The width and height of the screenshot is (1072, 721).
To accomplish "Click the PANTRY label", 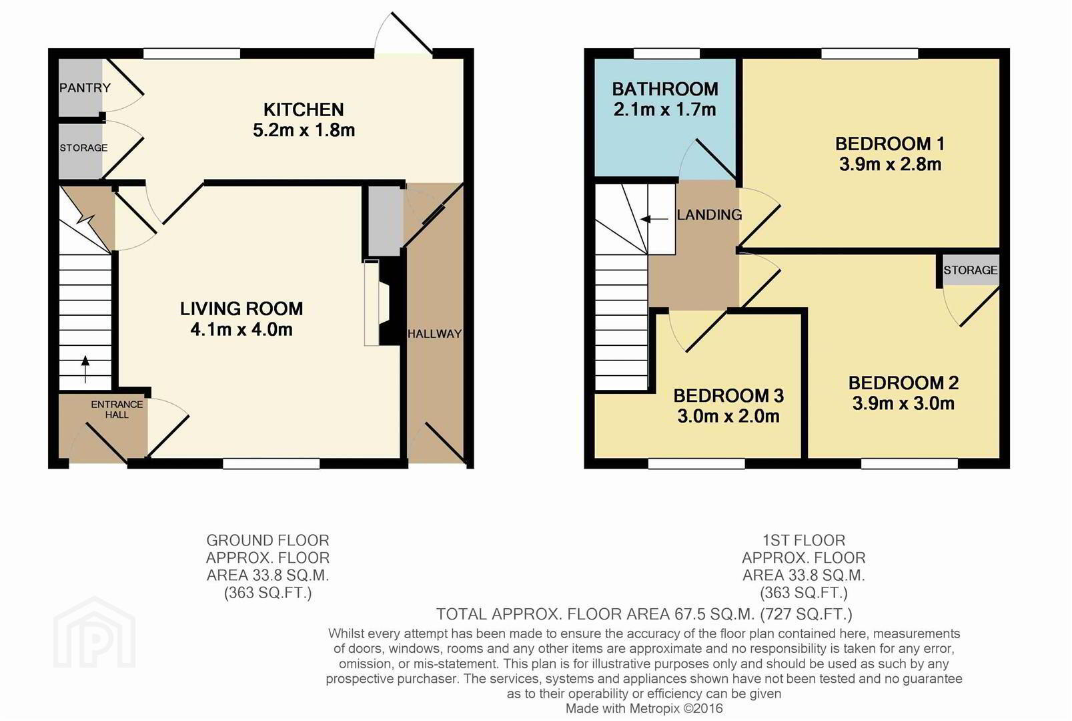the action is [85, 87].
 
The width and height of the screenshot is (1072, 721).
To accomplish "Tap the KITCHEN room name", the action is [304, 109].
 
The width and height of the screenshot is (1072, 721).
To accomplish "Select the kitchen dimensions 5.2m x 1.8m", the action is [304, 130].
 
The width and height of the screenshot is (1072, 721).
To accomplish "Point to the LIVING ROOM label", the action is [241, 308].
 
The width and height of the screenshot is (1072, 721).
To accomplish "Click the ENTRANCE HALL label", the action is [117, 410].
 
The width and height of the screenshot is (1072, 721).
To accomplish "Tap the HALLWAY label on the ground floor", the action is [434, 333].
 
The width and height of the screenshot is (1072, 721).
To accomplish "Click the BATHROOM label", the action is [664, 89].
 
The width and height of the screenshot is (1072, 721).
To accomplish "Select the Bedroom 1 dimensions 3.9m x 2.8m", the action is [890, 164].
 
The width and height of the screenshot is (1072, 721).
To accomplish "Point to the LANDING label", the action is [709, 214].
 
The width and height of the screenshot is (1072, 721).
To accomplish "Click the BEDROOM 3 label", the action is [728, 396].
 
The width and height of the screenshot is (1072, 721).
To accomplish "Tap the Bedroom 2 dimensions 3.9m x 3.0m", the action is [903, 403].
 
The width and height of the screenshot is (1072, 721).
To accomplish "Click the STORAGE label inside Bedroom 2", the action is [970, 270].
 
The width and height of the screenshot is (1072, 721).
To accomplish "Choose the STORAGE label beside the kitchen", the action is [83, 148].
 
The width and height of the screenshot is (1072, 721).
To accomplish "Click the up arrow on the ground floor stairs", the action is [85, 369].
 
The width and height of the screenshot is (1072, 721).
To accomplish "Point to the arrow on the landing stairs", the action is [654, 220].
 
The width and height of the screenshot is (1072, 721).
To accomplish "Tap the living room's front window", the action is [272, 463].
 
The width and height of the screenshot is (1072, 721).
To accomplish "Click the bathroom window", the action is [666, 53].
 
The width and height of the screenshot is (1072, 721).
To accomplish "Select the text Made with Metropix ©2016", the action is [644, 708].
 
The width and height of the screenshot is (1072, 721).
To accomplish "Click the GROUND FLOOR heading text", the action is [267, 540].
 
